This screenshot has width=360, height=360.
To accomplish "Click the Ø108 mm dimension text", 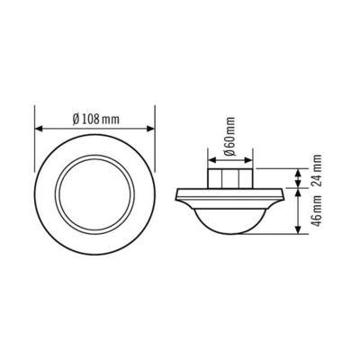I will pyautogui.click(x=94, y=119).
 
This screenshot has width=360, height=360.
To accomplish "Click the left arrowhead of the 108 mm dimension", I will pyautogui.click(x=38, y=128).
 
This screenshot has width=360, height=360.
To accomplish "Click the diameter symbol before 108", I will pyautogui.click(x=69, y=119).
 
